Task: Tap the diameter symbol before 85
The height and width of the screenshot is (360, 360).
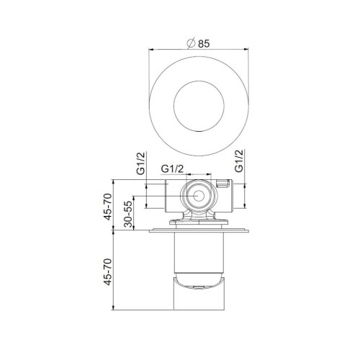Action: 190,42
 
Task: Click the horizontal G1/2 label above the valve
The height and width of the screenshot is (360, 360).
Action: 174,170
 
